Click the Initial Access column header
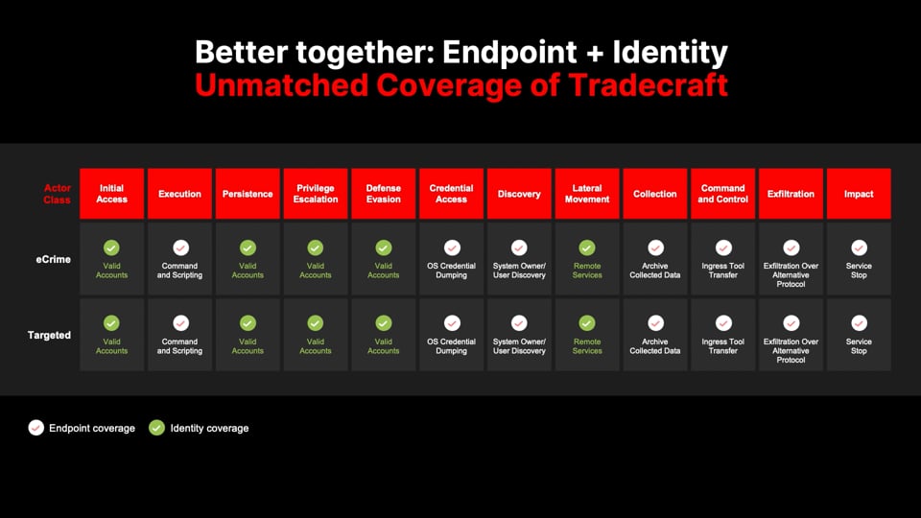(x=111, y=194)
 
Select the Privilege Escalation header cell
(x=316, y=194)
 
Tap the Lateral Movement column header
(x=587, y=194)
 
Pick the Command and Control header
(x=722, y=194)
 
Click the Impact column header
(x=859, y=194)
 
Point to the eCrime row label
(x=54, y=259)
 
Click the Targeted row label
(x=49, y=335)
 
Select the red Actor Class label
(x=57, y=194)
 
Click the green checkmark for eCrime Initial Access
(x=111, y=247)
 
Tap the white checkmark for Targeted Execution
(x=180, y=323)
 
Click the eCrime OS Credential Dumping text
(x=451, y=271)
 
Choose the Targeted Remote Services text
(x=587, y=346)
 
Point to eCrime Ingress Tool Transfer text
(x=722, y=271)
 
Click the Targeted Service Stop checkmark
(x=859, y=323)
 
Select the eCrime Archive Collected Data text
(x=655, y=271)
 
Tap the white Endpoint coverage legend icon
(x=35, y=428)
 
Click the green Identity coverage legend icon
(x=156, y=428)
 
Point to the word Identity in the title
(x=671, y=52)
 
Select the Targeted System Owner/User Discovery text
(x=519, y=346)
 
